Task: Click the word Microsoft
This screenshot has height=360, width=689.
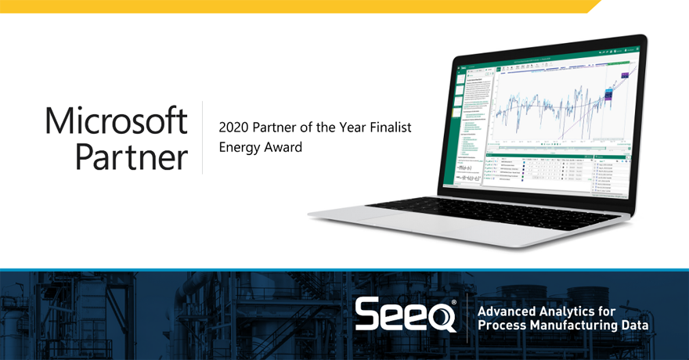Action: [116, 121]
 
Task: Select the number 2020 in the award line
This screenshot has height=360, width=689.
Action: [233, 126]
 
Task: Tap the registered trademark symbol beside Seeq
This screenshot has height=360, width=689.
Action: [454, 302]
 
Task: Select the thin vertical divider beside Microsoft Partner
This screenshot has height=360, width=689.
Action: [203, 137]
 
